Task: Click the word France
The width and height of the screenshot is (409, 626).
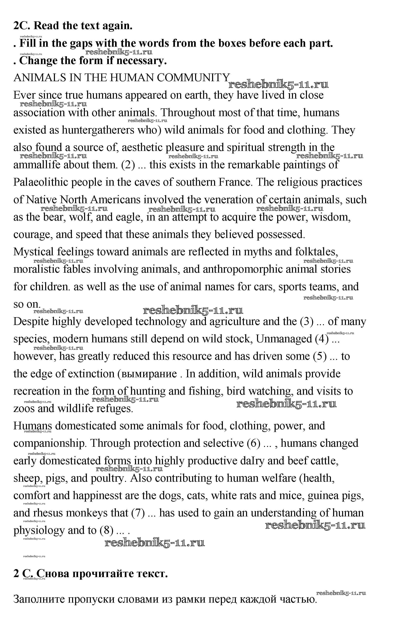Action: (235, 182)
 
